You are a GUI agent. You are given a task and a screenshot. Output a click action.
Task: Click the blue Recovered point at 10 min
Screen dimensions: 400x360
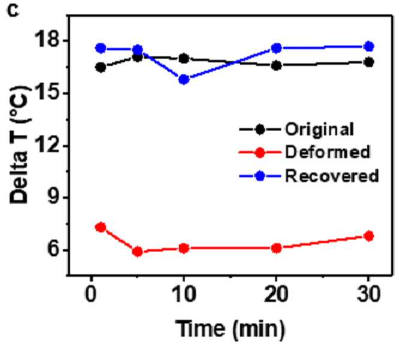pos(184,80)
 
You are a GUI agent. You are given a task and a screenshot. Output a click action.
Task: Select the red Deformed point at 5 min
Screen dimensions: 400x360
pos(137,252)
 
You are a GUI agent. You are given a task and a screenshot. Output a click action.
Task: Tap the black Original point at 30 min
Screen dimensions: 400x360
pos(369,62)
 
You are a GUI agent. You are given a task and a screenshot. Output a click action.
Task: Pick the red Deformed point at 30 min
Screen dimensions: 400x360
pos(369,236)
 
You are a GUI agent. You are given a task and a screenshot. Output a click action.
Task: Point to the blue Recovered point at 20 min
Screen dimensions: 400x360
pos(276,48)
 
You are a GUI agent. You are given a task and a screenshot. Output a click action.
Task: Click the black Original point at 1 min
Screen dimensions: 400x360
pos(101,68)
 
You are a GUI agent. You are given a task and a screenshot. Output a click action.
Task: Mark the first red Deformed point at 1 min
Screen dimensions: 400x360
pos(101,227)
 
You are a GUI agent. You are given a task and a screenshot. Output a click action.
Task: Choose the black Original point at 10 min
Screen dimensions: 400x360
pos(184,59)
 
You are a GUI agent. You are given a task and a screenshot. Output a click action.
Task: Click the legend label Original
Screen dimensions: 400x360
pos(320,130)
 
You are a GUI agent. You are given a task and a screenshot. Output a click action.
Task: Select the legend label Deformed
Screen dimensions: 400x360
pos(327,152)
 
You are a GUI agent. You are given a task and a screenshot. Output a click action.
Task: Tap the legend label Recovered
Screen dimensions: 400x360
pos(332,176)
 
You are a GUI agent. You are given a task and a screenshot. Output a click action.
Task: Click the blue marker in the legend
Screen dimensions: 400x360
pos(260,176)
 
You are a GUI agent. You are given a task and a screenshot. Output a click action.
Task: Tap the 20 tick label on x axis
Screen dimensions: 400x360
pos(276,294)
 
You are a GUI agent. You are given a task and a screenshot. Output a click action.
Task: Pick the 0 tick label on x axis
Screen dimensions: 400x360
pos(91,294)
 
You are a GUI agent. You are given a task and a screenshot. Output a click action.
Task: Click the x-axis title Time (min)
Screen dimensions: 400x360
pos(230,329)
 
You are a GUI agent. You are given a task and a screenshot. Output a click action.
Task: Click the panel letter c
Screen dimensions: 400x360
pos(14,11)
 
